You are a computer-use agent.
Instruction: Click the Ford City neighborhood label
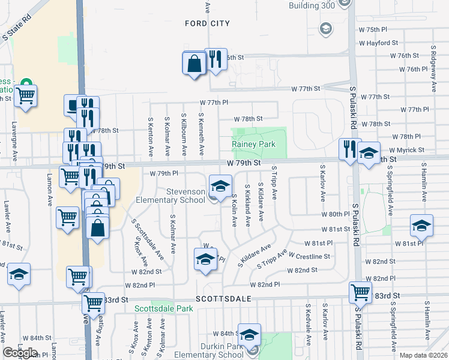207,23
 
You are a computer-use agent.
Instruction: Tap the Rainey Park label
253,145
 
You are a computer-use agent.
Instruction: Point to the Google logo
20,353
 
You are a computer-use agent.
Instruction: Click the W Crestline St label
309,256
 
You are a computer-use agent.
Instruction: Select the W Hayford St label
378,43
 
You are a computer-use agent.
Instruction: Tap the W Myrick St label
406,150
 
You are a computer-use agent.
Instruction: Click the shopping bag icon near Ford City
194,63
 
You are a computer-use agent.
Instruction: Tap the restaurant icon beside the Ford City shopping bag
215,59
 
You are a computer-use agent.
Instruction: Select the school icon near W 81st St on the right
421,226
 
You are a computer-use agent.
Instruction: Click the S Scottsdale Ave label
148,238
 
